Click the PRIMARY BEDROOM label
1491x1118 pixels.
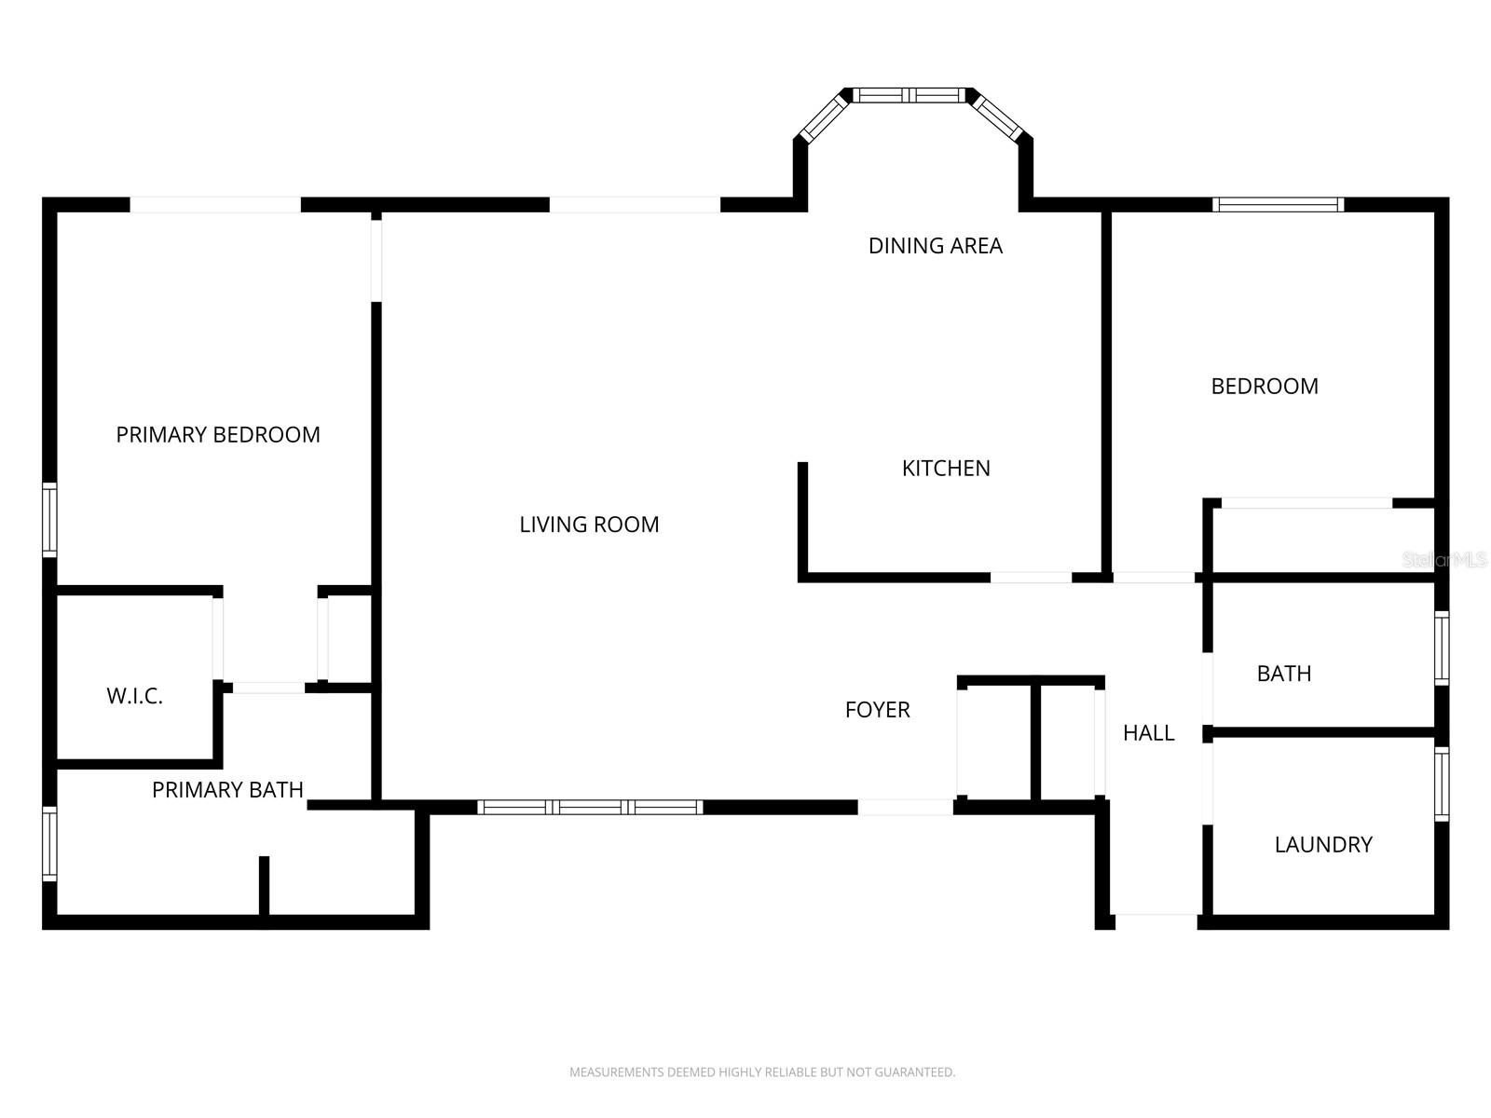coord(217,434)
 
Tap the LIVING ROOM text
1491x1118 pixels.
coord(589,524)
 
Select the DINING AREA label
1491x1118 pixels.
coord(936,245)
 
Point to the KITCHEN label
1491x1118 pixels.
coord(946,468)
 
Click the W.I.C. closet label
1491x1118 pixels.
coord(134,696)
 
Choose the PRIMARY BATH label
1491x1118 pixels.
coord(227,789)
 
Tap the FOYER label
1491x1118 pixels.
coord(877,709)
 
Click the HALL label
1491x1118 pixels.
coord(1149,732)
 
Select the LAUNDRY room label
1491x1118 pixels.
coord(1323,844)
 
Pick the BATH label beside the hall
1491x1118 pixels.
coord(1284,673)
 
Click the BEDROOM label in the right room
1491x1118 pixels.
coord(1265,386)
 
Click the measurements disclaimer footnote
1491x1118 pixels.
coord(762,1071)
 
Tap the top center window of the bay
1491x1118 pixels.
coord(909,95)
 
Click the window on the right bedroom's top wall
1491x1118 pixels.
coord(1278,204)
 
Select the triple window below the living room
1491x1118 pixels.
coord(590,807)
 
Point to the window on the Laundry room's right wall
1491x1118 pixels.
coord(1442,784)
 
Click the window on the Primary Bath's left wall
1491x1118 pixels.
coord(49,844)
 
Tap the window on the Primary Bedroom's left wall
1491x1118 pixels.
coord(49,520)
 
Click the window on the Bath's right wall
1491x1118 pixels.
coord(1442,648)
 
